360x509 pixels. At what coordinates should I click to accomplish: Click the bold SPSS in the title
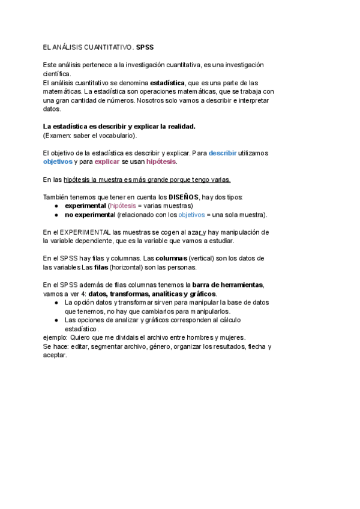tap(145, 46)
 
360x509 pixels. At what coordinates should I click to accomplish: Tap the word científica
tap(57, 74)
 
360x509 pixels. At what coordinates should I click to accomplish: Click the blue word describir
tap(223, 153)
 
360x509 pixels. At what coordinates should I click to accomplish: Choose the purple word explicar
tap(107, 162)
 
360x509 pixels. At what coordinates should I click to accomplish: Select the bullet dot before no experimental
tap(56, 214)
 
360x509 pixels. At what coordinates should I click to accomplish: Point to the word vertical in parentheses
tap(202, 258)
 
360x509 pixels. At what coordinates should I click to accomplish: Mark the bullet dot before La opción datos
tap(56, 303)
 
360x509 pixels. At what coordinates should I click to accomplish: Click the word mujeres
tap(230, 337)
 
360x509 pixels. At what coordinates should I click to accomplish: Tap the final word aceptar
tap(55, 355)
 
